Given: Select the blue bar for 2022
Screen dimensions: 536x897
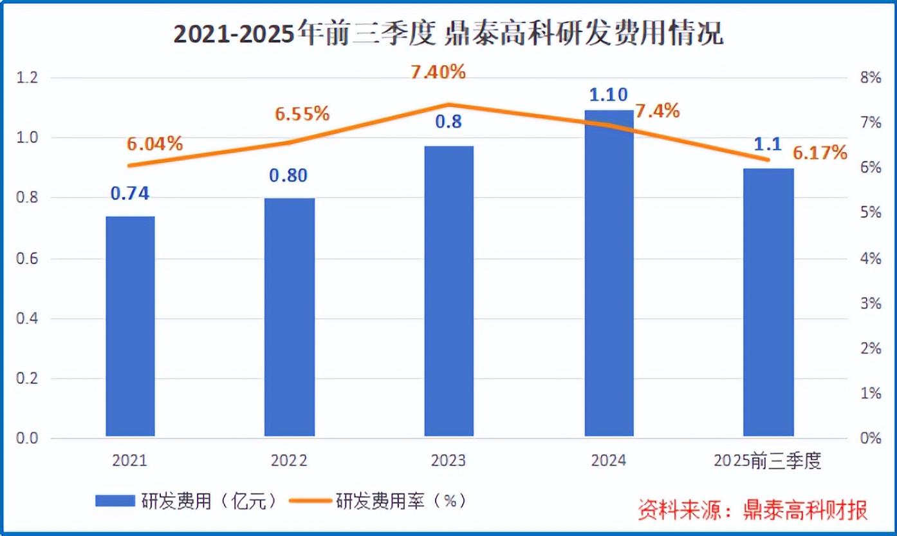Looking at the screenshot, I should tap(290, 317).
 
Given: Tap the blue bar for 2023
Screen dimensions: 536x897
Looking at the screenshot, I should tap(449, 291).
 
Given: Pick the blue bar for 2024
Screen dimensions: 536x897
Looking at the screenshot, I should tap(609, 273).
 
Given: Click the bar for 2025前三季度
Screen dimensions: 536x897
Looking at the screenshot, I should tap(768, 302).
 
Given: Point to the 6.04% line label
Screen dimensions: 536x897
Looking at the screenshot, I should tap(154, 144).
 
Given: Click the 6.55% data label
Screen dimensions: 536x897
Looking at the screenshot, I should tap(302, 114).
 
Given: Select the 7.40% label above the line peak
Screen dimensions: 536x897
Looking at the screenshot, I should tap(438, 72).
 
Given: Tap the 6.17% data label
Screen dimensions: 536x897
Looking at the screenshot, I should tap(820, 153).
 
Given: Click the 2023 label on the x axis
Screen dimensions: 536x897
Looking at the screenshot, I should tap(449, 461).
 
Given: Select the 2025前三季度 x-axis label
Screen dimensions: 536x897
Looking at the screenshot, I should tap(768, 461).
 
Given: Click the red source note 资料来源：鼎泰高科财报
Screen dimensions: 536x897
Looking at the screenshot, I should tap(752, 510).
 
